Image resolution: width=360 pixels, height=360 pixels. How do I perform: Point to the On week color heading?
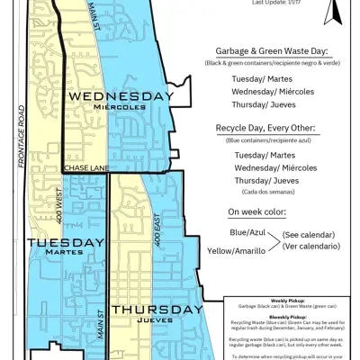point(256,211)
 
